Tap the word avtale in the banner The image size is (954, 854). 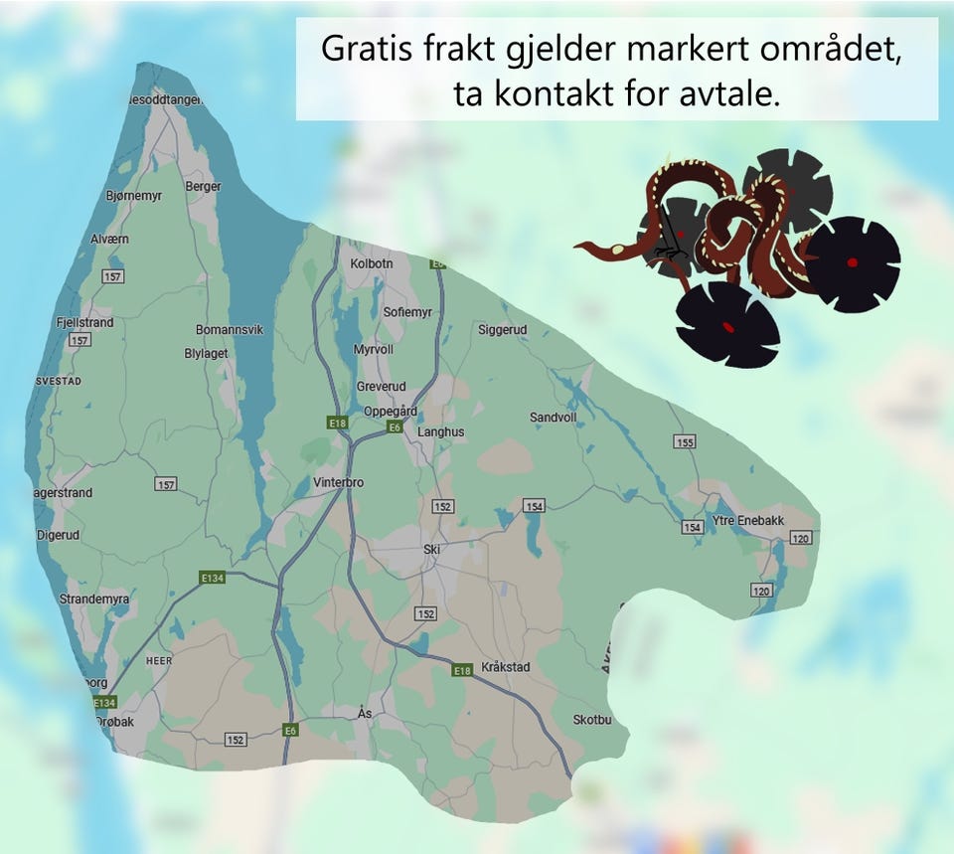point(731,95)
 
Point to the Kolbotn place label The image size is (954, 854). point(372,263)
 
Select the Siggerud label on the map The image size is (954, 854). point(502,329)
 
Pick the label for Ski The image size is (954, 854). point(431,549)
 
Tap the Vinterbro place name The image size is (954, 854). point(339,482)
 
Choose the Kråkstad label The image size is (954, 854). point(506,666)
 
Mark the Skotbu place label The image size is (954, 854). point(592,720)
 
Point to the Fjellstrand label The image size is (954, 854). point(85,322)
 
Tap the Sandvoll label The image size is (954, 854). point(553,418)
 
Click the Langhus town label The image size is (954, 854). point(440,432)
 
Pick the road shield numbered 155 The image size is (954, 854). point(685,442)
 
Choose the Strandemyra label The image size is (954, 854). point(94,599)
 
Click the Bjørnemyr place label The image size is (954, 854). point(134,196)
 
